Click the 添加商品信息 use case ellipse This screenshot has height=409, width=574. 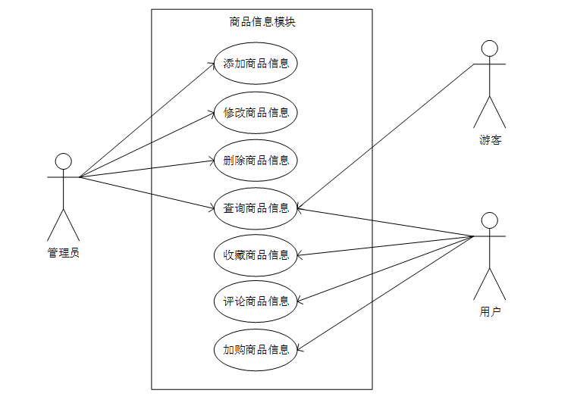click(256, 64)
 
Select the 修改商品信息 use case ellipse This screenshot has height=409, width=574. click(256, 113)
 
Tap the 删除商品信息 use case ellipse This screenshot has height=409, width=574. click(256, 161)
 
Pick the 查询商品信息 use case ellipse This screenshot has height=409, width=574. click(256, 208)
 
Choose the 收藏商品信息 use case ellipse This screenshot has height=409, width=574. click(256, 255)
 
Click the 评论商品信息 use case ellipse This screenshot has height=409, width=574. click(256, 301)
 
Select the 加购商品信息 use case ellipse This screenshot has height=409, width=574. click(256, 350)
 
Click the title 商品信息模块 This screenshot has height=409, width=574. click(262, 22)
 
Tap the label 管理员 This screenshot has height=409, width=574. click(64, 253)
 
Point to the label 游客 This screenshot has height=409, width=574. click(490, 140)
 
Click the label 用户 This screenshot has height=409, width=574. click(490, 311)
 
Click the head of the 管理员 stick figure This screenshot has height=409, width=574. click(64, 161)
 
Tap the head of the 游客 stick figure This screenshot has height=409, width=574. click(490, 48)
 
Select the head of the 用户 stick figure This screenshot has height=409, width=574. click(490, 220)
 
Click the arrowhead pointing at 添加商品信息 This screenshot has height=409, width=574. click(213, 65)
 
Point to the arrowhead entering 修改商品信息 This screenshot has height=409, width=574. click(213, 114)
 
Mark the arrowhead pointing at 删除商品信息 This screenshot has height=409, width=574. click(213, 161)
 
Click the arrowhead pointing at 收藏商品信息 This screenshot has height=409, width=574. click(300, 254)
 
